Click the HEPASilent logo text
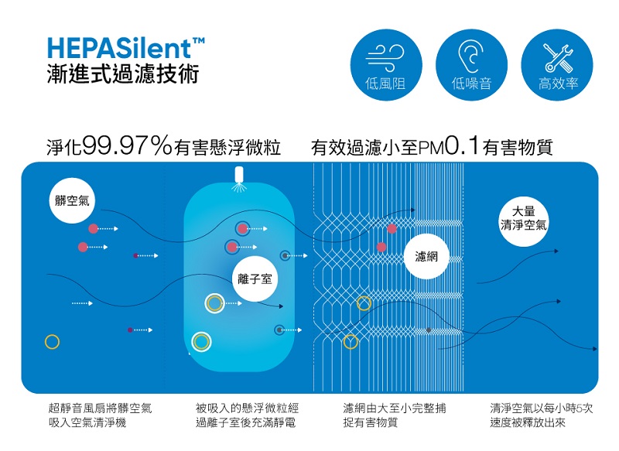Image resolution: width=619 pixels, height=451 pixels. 125,48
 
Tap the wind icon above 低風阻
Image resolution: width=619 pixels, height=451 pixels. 385,57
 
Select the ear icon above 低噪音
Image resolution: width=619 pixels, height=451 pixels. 471,56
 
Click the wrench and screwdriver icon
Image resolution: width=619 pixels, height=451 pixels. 557,58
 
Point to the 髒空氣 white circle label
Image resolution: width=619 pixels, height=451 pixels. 72,201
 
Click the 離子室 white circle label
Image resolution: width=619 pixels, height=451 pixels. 255,279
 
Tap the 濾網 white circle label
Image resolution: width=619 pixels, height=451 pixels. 426,257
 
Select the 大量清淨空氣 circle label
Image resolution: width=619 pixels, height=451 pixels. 524,219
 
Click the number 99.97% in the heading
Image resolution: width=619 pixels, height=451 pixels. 128,145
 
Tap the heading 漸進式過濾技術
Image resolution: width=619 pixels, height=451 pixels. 123,73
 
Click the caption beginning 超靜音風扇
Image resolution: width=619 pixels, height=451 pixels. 100,415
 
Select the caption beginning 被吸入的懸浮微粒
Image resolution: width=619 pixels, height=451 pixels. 247,415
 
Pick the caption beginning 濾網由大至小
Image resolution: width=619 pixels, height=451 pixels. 395,415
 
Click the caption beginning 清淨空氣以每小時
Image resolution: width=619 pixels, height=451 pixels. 541,415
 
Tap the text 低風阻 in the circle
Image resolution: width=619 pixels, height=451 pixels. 385,84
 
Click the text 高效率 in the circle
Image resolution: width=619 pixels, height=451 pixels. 558,84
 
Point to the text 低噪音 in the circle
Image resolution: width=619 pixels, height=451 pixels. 471,84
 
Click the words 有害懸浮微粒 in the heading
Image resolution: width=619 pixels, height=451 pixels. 227,148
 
